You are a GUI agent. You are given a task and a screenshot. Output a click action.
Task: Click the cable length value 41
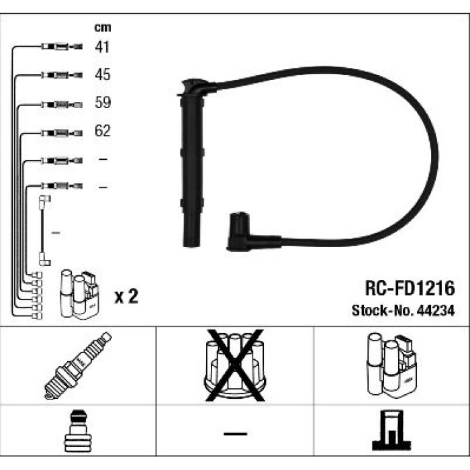(x=102, y=47)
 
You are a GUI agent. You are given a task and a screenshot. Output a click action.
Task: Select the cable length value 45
(x=103, y=75)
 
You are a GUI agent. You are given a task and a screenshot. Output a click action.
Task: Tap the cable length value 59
(x=103, y=102)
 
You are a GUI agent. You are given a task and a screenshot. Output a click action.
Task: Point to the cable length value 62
(x=103, y=130)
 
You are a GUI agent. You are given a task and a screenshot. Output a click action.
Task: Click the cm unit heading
(x=103, y=28)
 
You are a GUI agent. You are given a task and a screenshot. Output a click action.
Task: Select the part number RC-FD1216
(x=410, y=288)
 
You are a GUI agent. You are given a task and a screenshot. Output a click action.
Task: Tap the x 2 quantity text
(x=126, y=296)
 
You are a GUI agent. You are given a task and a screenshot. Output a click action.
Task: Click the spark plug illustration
(x=78, y=365)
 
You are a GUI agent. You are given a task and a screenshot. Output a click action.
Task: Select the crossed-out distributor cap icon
(x=235, y=365)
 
